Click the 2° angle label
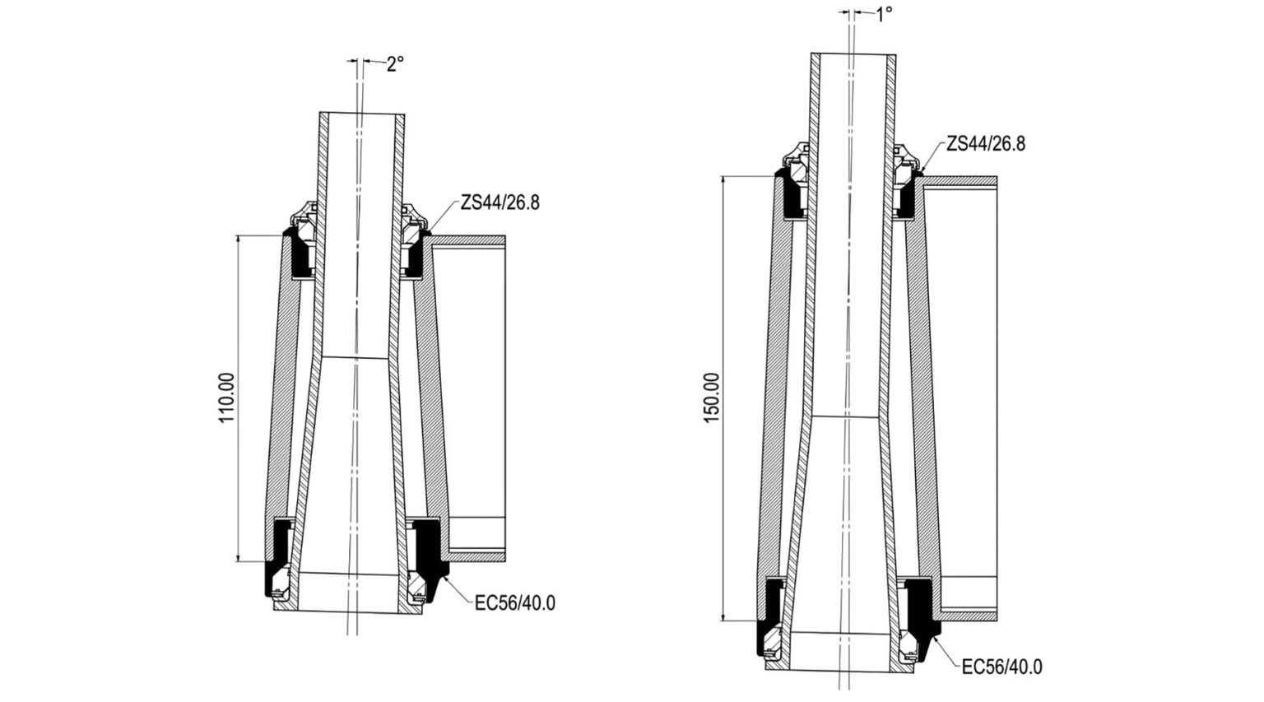[x=395, y=64]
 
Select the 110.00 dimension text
[x=227, y=397]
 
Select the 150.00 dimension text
[x=712, y=397]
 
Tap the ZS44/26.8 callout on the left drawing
[x=500, y=202]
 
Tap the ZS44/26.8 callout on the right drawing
[x=986, y=144]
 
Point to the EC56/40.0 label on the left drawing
[x=515, y=603]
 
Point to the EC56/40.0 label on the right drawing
[x=1002, y=667]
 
